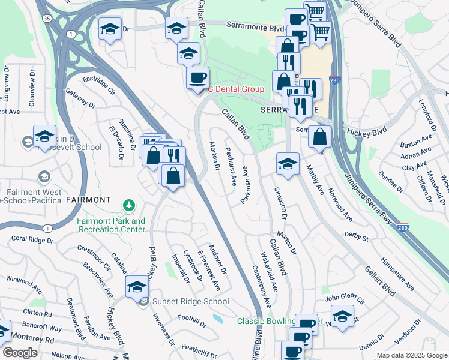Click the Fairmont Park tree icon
click(x=128, y=206)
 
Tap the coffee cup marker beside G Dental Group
click(x=197, y=79)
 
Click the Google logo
click(x=20, y=353)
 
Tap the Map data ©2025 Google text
click(x=411, y=355)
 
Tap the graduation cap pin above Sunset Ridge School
click(x=137, y=287)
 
